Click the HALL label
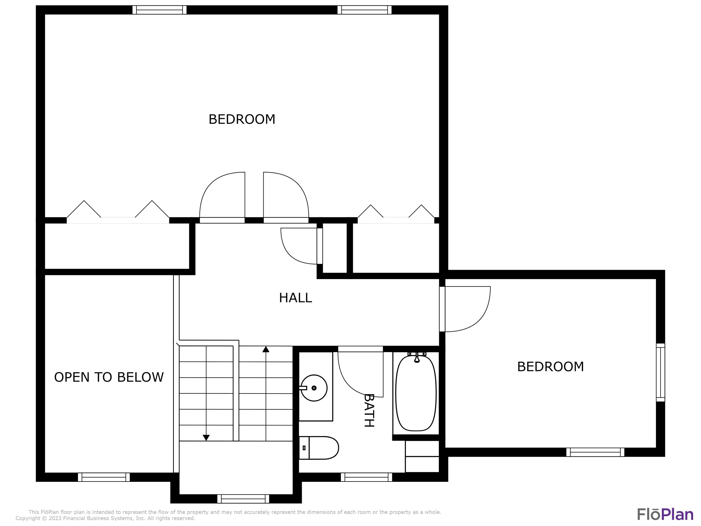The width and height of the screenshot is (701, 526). point(295,298)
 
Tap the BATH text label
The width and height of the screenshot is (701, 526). point(368,411)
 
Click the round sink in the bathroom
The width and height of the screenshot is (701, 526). point(314,388)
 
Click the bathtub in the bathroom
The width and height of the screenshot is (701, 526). point(416,393)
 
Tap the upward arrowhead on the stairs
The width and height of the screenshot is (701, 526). point(266,349)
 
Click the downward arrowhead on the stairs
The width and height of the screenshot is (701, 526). point(206,438)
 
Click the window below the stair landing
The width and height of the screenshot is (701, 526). point(243,499)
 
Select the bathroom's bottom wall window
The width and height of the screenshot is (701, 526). point(366,477)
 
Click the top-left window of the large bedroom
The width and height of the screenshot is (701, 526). point(159,10)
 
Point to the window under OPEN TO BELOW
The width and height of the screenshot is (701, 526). point(104,477)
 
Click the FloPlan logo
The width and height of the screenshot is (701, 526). point(665,514)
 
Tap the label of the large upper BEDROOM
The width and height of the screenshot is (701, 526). point(242,119)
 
